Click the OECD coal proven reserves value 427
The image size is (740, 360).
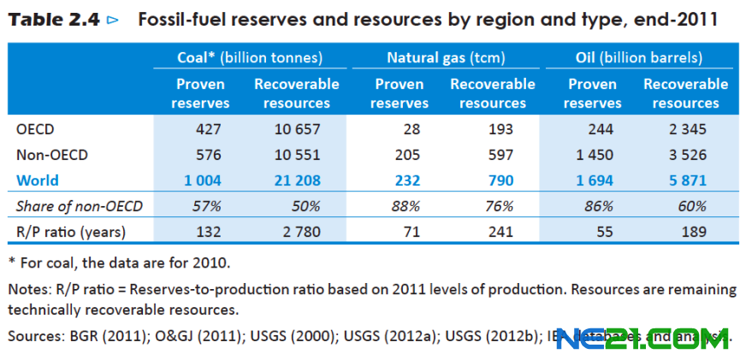[x=207, y=130]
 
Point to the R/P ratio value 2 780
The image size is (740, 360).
[x=300, y=232]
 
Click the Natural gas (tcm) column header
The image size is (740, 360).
[x=446, y=58]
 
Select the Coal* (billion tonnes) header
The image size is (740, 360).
[x=249, y=58]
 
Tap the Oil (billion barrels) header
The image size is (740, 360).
[x=638, y=58]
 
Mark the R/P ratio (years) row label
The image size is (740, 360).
[x=71, y=232]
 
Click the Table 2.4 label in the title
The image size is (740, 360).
[x=53, y=19]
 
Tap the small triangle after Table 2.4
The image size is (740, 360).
[x=112, y=20]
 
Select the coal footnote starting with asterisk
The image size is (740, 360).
[x=119, y=262]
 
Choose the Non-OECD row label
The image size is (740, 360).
[x=52, y=156]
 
